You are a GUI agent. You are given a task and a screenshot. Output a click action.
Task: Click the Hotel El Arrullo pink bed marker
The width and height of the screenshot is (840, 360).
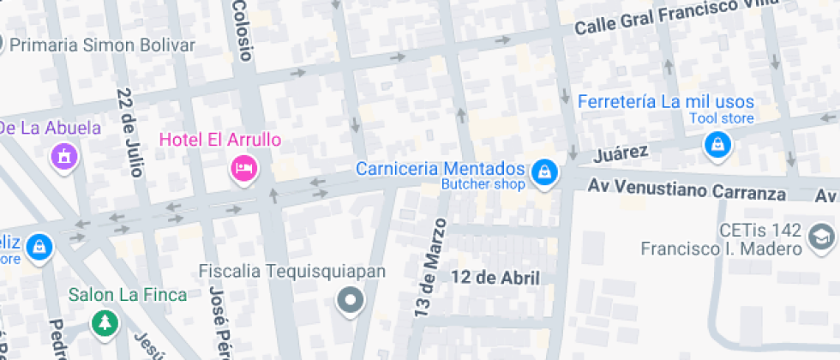point(244,167)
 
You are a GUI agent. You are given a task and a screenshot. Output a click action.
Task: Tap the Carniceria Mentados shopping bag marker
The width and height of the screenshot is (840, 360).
point(543,174)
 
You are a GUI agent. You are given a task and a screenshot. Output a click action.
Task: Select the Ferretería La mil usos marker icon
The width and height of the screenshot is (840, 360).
point(718,146)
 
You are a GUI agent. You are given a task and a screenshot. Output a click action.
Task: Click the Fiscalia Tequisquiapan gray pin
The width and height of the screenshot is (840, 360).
point(350,301)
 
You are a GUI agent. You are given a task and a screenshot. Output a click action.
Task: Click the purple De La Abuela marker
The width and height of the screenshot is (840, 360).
point(63,156)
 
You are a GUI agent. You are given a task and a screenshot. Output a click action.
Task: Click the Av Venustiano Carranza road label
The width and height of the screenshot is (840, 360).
point(687,189)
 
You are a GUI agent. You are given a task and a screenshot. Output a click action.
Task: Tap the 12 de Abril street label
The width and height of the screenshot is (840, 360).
point(495,277)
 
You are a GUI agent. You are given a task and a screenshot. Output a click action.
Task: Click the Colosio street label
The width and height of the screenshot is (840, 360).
point(243,30)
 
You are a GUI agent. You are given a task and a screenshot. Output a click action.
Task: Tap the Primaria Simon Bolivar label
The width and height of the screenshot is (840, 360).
point(103,45)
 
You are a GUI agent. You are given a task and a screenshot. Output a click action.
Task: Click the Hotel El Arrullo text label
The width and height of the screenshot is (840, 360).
point(220,139)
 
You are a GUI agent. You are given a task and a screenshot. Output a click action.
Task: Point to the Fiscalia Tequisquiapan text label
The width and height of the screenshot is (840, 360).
point(292,272)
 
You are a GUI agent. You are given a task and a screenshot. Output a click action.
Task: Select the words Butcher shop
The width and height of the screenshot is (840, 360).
point(483,184)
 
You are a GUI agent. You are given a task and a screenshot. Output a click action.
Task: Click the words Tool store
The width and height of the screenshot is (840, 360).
point(722,118)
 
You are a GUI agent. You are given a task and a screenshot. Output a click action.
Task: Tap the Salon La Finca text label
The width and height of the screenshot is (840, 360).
point(128,295)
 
